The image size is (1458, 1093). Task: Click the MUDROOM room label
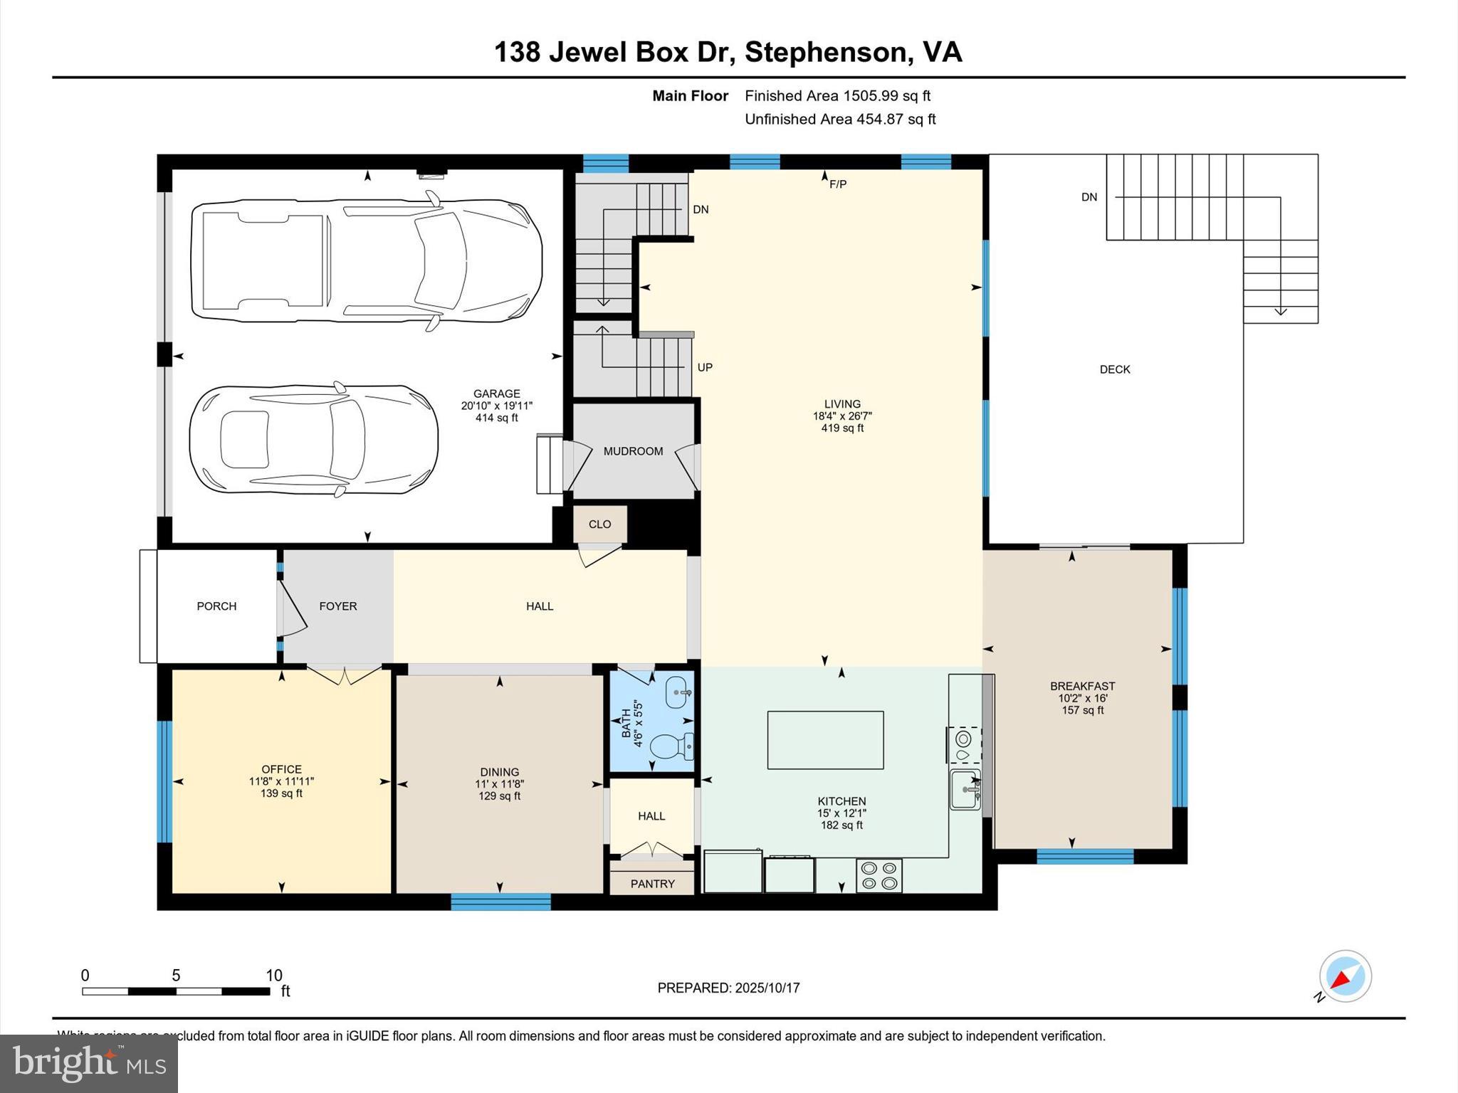point(633,451)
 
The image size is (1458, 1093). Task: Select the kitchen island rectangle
point(825,740)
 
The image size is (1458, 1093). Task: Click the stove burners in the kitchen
point(879,875)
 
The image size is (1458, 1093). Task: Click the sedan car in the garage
point(313,440)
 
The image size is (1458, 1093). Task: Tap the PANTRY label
point(652,884)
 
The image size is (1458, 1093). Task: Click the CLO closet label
point(599,524)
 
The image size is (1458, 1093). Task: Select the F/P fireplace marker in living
point(838,185)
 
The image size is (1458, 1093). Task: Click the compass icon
point(1345,976)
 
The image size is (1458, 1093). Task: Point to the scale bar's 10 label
point(274,976)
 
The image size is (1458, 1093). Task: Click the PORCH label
point(216,606)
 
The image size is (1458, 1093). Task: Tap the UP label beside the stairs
point(705,368)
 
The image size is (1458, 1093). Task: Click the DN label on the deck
point(1089,197)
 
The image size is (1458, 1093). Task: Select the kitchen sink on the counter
point(965,789)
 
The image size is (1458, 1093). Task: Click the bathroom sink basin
point(678,692)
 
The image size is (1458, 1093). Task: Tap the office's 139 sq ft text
point(281,793)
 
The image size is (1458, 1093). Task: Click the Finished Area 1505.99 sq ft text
point(837,96)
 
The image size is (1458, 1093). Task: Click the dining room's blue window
point(500,902)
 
